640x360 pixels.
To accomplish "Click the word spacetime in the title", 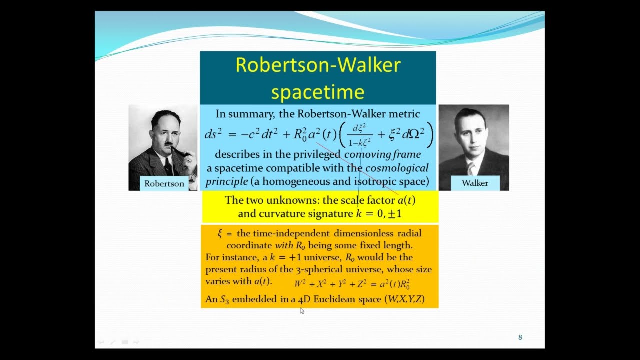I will pyautogui.click(x=318, y=92).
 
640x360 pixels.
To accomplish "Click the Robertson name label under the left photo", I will pyautogui.click(x=164, y=183).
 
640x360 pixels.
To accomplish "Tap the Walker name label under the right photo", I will pyautogui.click(x=475, y=183).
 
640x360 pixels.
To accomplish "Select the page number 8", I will pyautogui.click(x=520, y=337).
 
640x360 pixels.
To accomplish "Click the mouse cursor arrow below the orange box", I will pyautogui.click(x=302, y=311).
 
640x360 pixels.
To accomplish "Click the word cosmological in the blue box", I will pyautogui.click(x=397, y=168).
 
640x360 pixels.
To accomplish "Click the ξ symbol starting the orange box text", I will pyautogui.click(x=220, y=233).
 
